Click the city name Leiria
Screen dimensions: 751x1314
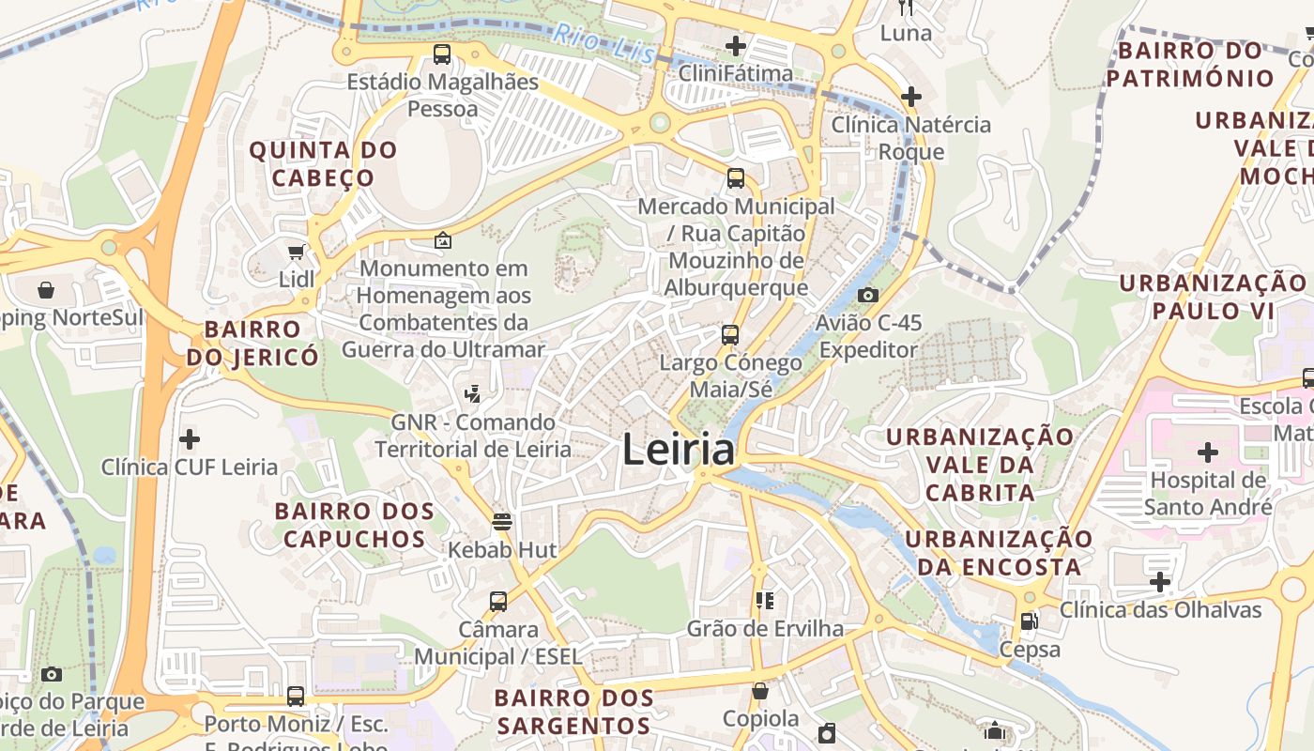point(678,451)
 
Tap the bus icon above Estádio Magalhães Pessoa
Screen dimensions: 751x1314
point(442,54)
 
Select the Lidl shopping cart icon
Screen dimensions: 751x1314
point(297,252)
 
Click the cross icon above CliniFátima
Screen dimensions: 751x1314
point(736,45)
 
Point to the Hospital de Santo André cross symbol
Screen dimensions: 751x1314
point(1208,453)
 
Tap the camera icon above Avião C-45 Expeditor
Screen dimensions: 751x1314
point(868,295)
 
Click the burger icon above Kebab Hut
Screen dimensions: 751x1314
point(502,522)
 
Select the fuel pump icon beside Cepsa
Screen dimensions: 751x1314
point(1030,621)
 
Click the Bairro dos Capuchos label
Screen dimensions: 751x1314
point(354,525)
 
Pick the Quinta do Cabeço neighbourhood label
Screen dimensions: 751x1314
point(323,163)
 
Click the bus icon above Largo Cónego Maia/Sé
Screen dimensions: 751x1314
point(730,335)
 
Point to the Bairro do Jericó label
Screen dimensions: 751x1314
point(252,343)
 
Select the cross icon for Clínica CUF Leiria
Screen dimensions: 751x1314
point(190,438)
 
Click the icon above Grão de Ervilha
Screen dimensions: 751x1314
point(765,600)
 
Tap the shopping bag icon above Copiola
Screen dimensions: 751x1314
point(760,691)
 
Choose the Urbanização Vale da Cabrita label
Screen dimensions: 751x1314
point(980,464)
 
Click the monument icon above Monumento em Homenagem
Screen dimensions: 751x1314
point(443,240)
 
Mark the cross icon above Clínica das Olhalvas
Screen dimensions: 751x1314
point(1160,582)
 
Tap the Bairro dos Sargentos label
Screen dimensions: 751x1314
point(573,712)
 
